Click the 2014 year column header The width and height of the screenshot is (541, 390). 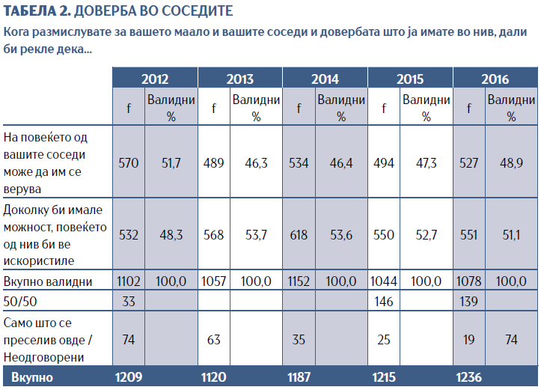(x=325, y=79)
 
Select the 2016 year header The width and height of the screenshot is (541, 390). (x=495, y=79)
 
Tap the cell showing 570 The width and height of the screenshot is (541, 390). (x=129, y=163)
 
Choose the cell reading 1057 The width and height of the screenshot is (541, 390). (x=214, y=281)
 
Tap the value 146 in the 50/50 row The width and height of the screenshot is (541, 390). (x=384, y=302)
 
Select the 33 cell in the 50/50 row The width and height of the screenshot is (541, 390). (x=129, y=302)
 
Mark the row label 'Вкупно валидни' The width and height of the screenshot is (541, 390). (x=48, y=281)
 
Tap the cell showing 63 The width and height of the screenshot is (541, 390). (x=214, y=340)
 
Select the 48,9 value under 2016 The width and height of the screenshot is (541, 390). (x=511, y=163)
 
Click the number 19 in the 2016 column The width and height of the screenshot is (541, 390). (x=469, y=340)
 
